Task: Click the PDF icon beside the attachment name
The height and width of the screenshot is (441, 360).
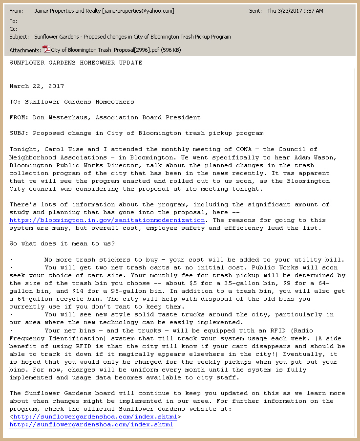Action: pos(46,49)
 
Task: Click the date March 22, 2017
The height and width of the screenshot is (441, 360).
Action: pos(37,86)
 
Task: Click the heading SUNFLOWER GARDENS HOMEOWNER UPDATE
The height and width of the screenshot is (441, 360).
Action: pos(76,63)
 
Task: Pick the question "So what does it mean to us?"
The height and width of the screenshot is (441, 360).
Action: pos(62,243)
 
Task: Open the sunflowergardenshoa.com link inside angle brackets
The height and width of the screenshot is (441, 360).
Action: pos(95,417)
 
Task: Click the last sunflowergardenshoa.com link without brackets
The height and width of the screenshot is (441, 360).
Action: pos(91,424)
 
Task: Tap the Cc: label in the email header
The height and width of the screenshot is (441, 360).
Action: pos(13,29)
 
